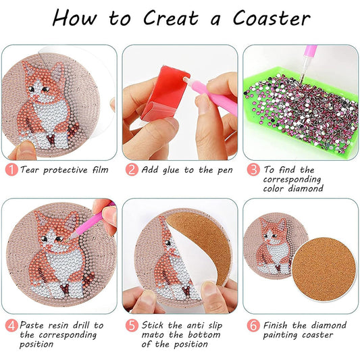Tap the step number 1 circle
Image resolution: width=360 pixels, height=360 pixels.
(x=11, y=170)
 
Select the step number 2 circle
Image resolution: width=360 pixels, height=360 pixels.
(x=132, y=170)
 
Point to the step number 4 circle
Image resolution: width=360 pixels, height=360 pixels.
(x=11, y=325)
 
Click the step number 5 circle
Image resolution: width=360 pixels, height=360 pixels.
(x=132, y=325)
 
